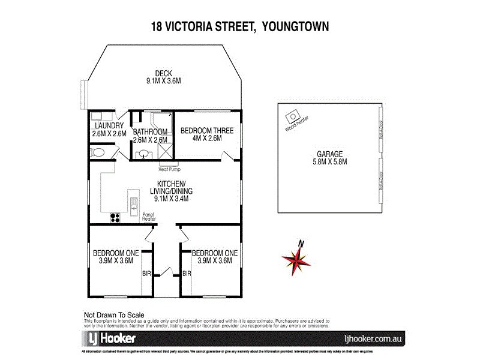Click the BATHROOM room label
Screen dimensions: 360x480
coord(150,131)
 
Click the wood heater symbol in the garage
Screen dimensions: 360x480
coord(294,116)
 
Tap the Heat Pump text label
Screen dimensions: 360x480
coord(169,169)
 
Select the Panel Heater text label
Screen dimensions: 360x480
coord(149,216)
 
